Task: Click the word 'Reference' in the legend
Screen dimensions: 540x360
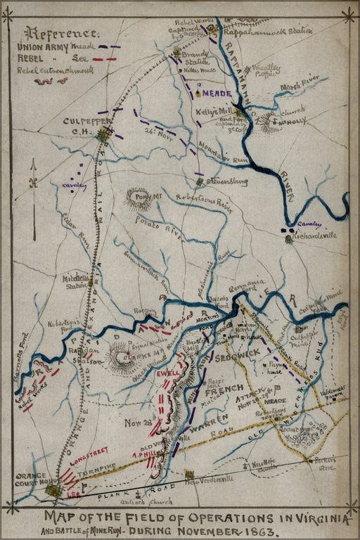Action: click(x=60, y=32)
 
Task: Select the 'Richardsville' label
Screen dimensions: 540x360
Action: click(x=314, y=235)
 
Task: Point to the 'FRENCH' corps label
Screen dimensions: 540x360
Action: click(x=225, y=389)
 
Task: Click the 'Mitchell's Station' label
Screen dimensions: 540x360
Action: click(x=77, y=281)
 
